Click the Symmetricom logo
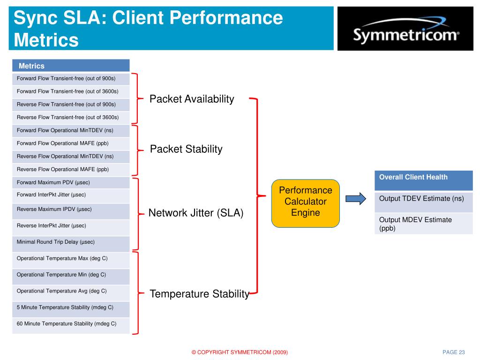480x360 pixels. click(x=405, y=29)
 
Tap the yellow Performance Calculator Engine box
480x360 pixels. click(x=306, y=203)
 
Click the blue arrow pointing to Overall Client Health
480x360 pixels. click(x=356, y=199)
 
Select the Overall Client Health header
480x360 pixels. click(x=424, y=180)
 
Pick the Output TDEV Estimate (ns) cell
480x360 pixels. click(x=424, y=202)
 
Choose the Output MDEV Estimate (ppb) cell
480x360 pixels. click(x=424, y=224)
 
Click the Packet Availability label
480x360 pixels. click(x=192, y=99)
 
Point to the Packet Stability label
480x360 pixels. click(x=186, y=149)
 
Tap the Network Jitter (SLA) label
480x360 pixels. click(x=196, y=213)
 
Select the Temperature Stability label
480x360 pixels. click(x=199, y=294)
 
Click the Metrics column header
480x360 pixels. click(x=71, y=66)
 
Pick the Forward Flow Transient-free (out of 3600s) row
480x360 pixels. click(x=71, y=92)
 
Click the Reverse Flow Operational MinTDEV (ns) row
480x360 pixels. click(x=71, y=157)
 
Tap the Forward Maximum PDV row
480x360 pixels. click(x=71, y=182)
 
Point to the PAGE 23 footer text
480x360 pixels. click(x=454, y=352)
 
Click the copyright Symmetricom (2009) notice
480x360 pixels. click(x=240, y=352)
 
